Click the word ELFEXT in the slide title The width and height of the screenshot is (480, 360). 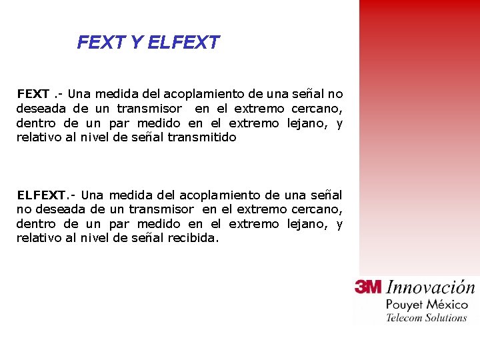point(183,43)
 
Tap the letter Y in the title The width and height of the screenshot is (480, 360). point(136,43)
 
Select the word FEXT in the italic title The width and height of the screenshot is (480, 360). point(101,43)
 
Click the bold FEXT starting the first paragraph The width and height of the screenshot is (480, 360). point(33,94)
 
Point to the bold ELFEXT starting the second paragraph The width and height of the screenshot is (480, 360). point(41,195)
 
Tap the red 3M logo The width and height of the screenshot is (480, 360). point(368,287)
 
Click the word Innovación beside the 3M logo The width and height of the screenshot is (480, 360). point(431,288)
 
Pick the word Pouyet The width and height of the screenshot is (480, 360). point(404,305)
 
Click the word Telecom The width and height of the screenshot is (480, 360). point(403,318)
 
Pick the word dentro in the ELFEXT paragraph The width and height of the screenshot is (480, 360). point(37,224)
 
